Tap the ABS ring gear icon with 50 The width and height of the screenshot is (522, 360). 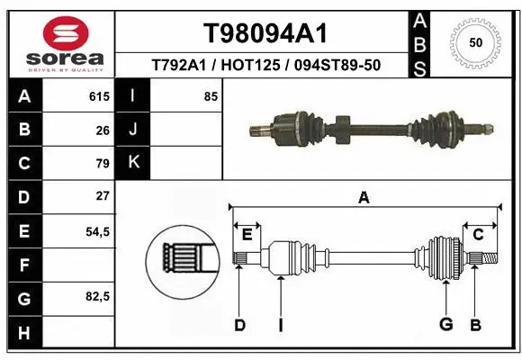(x=474, y=42)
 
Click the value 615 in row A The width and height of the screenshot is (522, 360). (x=99, y=96)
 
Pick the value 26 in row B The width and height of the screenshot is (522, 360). (x=103, y=130)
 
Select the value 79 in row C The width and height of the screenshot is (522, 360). (x=103, y=163)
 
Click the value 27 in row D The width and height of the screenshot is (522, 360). (x=103, y=196)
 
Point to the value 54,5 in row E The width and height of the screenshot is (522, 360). (x=97, y=231)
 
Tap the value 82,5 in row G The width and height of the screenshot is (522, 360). (x=97, y=296)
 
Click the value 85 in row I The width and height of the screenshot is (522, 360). (x=211, y=96)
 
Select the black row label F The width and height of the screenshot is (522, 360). (x=24, y=265)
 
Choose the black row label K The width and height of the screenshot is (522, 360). (x=133, y=163)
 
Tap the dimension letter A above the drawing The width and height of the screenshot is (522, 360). (x=364, y=198)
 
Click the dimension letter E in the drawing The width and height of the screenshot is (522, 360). (x=247, y=235)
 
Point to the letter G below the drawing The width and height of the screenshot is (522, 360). (x=445, y=324)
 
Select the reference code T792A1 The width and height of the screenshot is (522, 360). (x=179, y=66)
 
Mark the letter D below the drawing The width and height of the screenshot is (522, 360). (x=240, y=324)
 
